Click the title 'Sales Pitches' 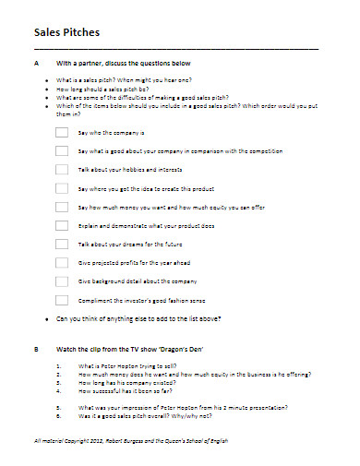pos(66,31)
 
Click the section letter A pos(36,63)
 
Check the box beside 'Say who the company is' pos(61,132)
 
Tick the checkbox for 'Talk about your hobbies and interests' pos(61,170)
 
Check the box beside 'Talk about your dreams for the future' pos(61,244)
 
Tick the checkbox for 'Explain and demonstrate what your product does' pos(61,225)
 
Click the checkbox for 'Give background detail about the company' pos(61,281)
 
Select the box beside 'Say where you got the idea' pos(61,188)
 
